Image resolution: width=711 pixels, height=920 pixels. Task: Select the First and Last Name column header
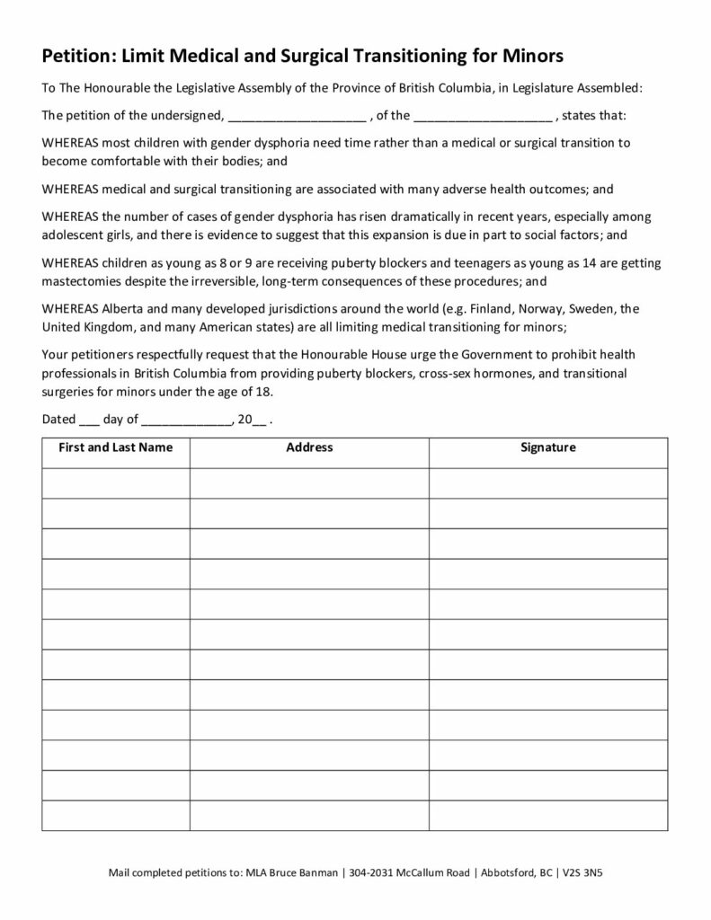(115, 447)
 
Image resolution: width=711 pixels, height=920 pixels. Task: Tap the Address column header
(309, 447)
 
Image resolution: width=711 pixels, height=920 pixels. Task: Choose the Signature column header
(547, 447)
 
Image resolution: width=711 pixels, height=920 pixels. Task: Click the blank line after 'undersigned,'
(297, 117)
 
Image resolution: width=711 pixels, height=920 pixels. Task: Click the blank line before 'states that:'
(484, 117)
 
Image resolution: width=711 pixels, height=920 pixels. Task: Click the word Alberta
(129, 308)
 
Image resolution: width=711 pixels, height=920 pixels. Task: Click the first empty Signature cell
(547, 482)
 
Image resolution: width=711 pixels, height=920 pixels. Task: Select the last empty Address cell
(309, 815)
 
